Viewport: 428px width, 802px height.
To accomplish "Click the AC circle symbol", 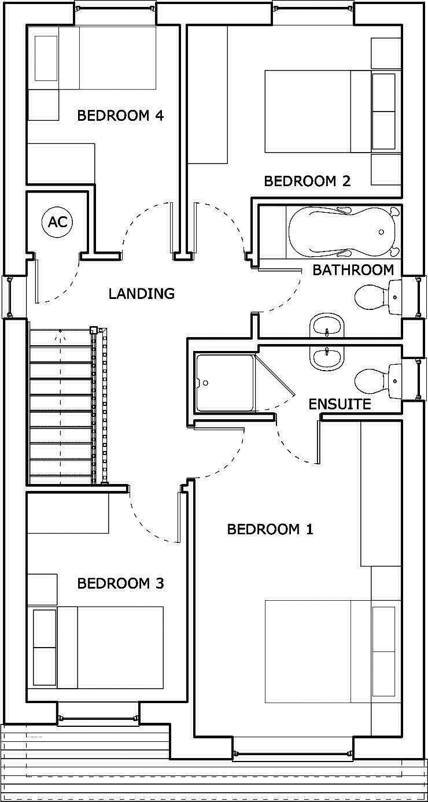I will [57, 222].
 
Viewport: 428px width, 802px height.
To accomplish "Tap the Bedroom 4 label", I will [120, 116].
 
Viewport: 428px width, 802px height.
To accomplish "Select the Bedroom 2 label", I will [307, 181].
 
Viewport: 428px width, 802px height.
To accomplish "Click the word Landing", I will [141, 294].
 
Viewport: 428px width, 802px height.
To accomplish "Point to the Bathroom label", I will [353, 269].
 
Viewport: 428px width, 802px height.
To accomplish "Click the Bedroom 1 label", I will [270, 529].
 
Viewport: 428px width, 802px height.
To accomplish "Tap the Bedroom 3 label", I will [120, 583].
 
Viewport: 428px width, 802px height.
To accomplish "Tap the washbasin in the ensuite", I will [327, 359].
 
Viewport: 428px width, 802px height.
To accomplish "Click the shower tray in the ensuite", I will [225, 383].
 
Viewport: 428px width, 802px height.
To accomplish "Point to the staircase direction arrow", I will [60, 333].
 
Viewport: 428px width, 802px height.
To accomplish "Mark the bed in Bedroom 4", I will [93, 58].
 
